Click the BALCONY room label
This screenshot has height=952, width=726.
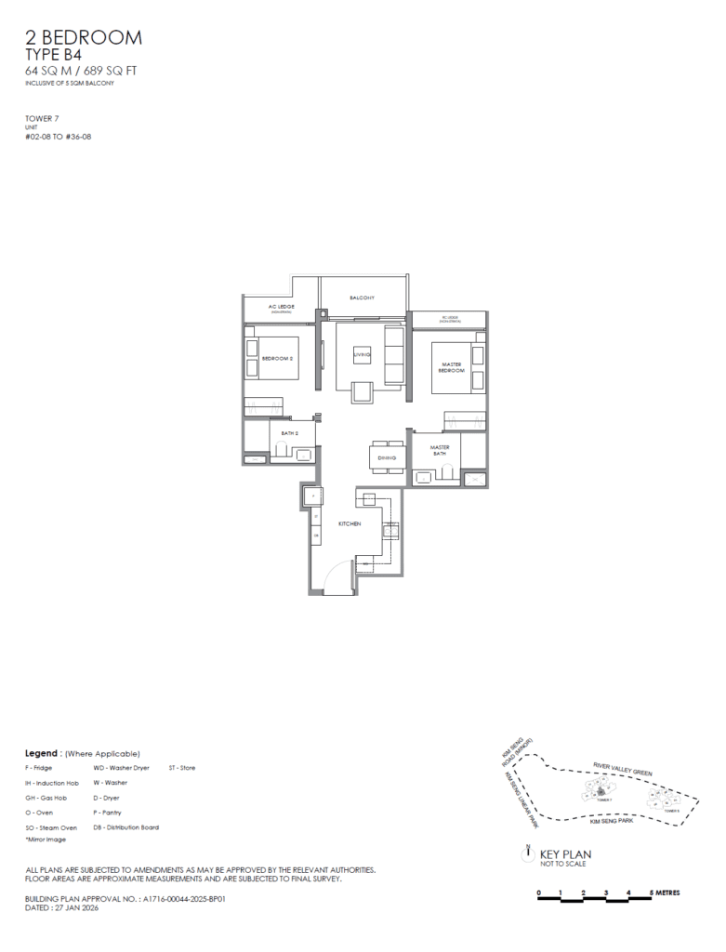[363, 297]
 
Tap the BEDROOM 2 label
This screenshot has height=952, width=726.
[277, 358]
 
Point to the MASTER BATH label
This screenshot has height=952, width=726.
[440, 451]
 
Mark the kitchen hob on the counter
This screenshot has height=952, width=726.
[390, 532]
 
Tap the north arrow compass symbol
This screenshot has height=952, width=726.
[527, 850]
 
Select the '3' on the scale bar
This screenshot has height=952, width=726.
[606, 893]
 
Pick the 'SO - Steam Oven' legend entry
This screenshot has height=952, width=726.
[51, 827]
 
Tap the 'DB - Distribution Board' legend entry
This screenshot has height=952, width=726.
[125, 827]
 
